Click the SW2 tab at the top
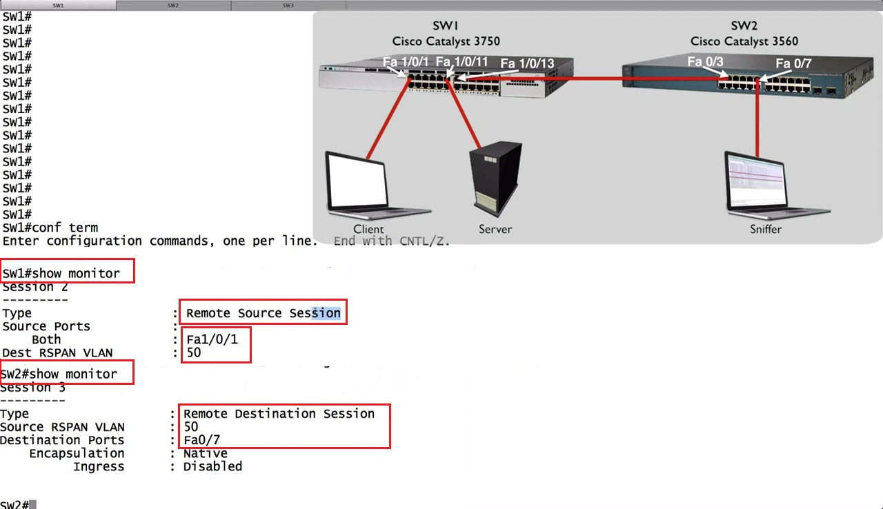(x=172, y=6)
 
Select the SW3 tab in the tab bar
(x=288, y=6)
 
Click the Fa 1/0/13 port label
(x=527, y=63)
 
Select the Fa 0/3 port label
(x=705, y=62)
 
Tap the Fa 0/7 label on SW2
(x=793, y=63)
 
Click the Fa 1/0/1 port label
(x=406, y=62)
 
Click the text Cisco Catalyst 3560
(x=744, y=41)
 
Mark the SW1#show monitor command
(x=61, y=273)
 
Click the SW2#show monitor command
(x=59, y=374)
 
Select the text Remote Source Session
(x=263, y=313)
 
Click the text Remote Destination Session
(x=279, y=414)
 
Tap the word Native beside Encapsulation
(x=205, y=453)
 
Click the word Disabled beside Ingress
(x=212, y=466)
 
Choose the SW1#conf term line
(x=50, y=228)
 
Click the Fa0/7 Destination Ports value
(x=202, y=440)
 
